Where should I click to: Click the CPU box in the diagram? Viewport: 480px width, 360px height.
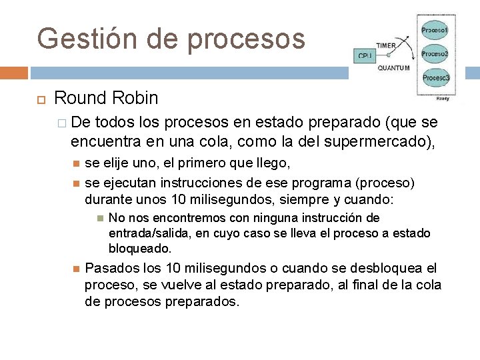[x=364, y=55]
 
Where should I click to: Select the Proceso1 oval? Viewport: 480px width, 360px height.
[x=435, y=31]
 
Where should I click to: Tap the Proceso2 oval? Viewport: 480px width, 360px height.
[x=435, y=54]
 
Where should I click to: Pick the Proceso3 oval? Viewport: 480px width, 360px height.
[x=435, y=77]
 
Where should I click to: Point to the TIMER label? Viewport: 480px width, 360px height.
[x=385, y=45]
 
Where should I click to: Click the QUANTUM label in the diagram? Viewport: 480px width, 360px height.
[x=393, y=67]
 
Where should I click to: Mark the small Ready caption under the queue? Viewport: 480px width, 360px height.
[x=442, y=98]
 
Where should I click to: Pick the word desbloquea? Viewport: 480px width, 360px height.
[x=383, y=269]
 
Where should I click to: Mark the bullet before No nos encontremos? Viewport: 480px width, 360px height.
[x=99, y=218]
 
